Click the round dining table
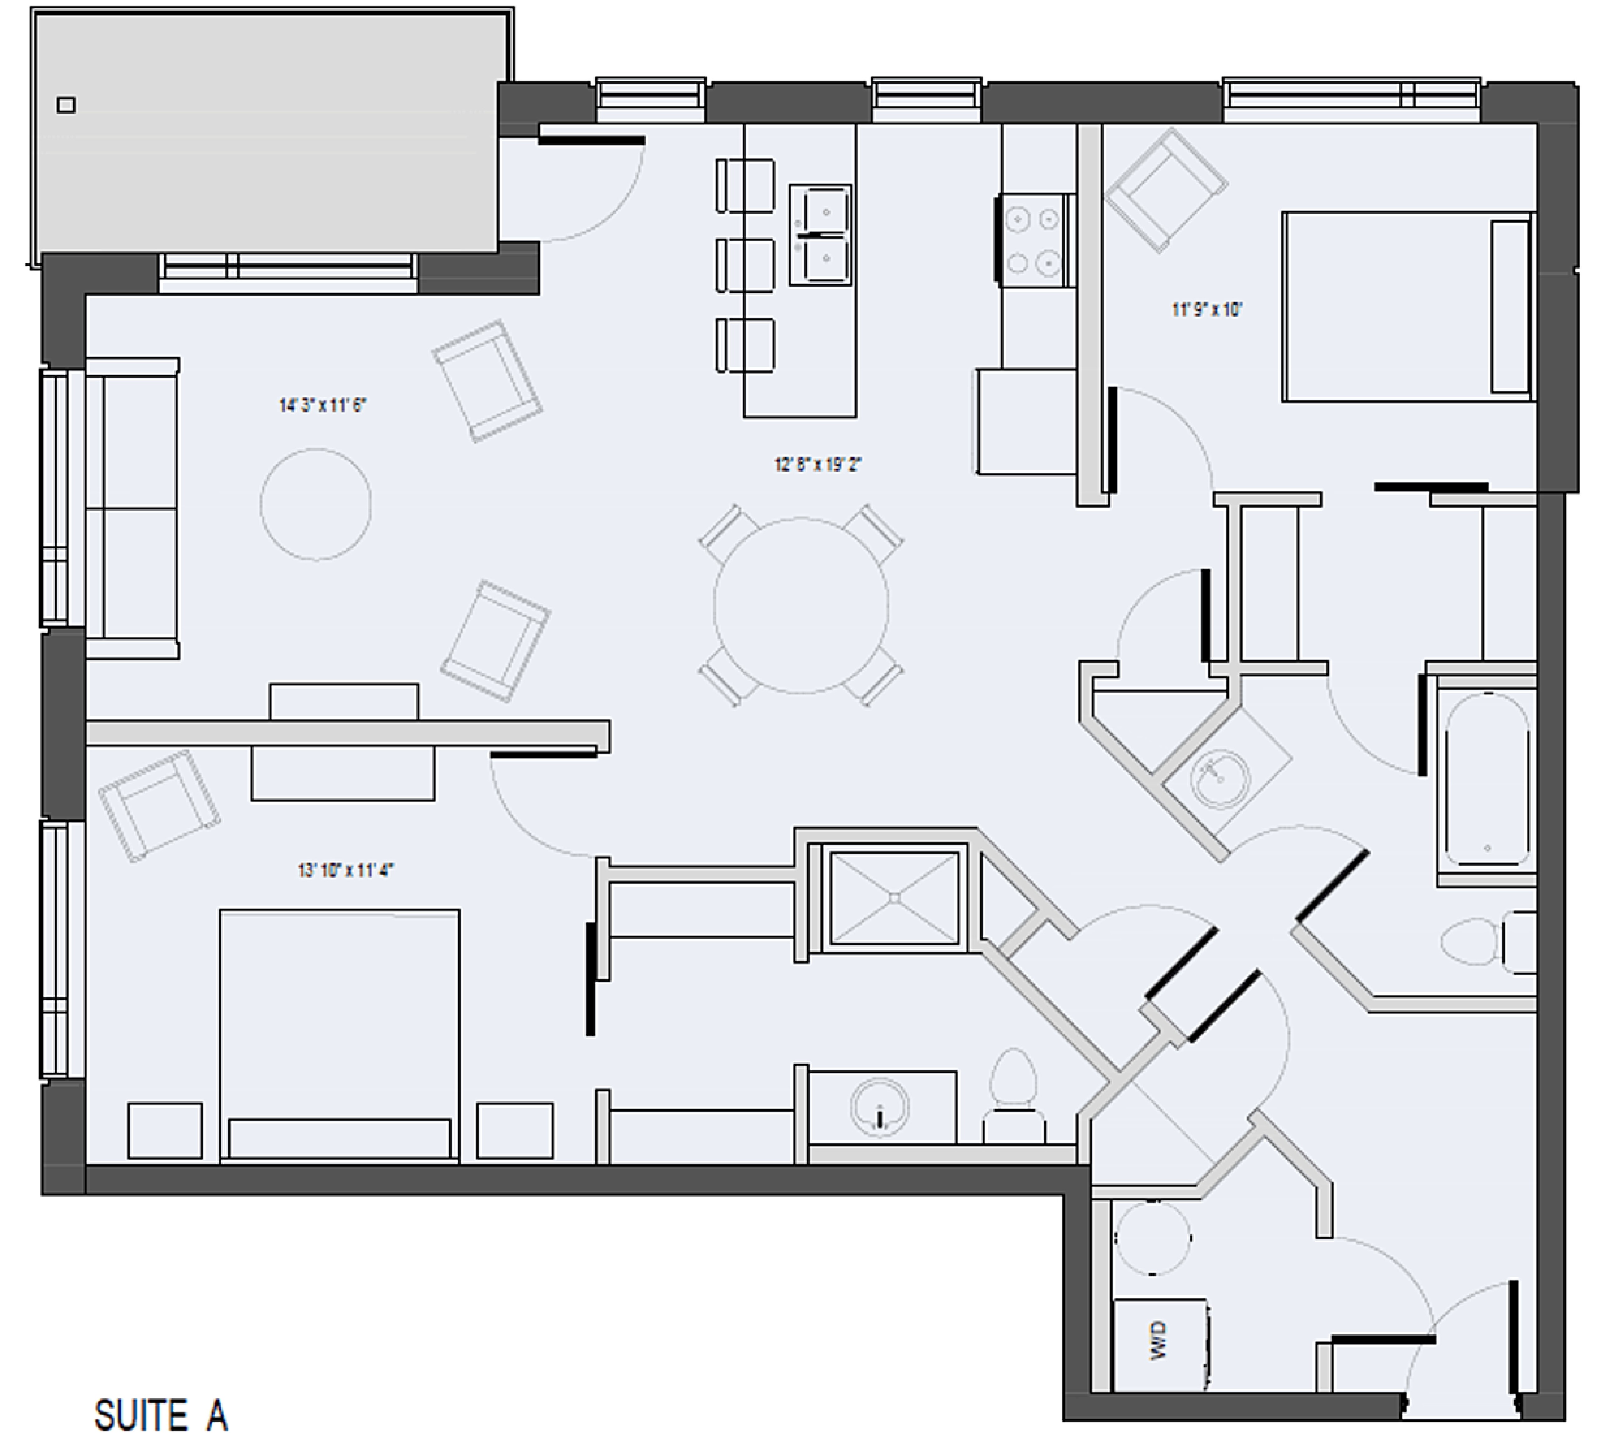coord(801,606)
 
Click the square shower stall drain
coord(895,898)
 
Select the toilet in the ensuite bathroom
coord(1014,1098)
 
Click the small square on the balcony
coord(66,105)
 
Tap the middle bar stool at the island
coord(745,265)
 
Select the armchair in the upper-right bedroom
coord(1166,190)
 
